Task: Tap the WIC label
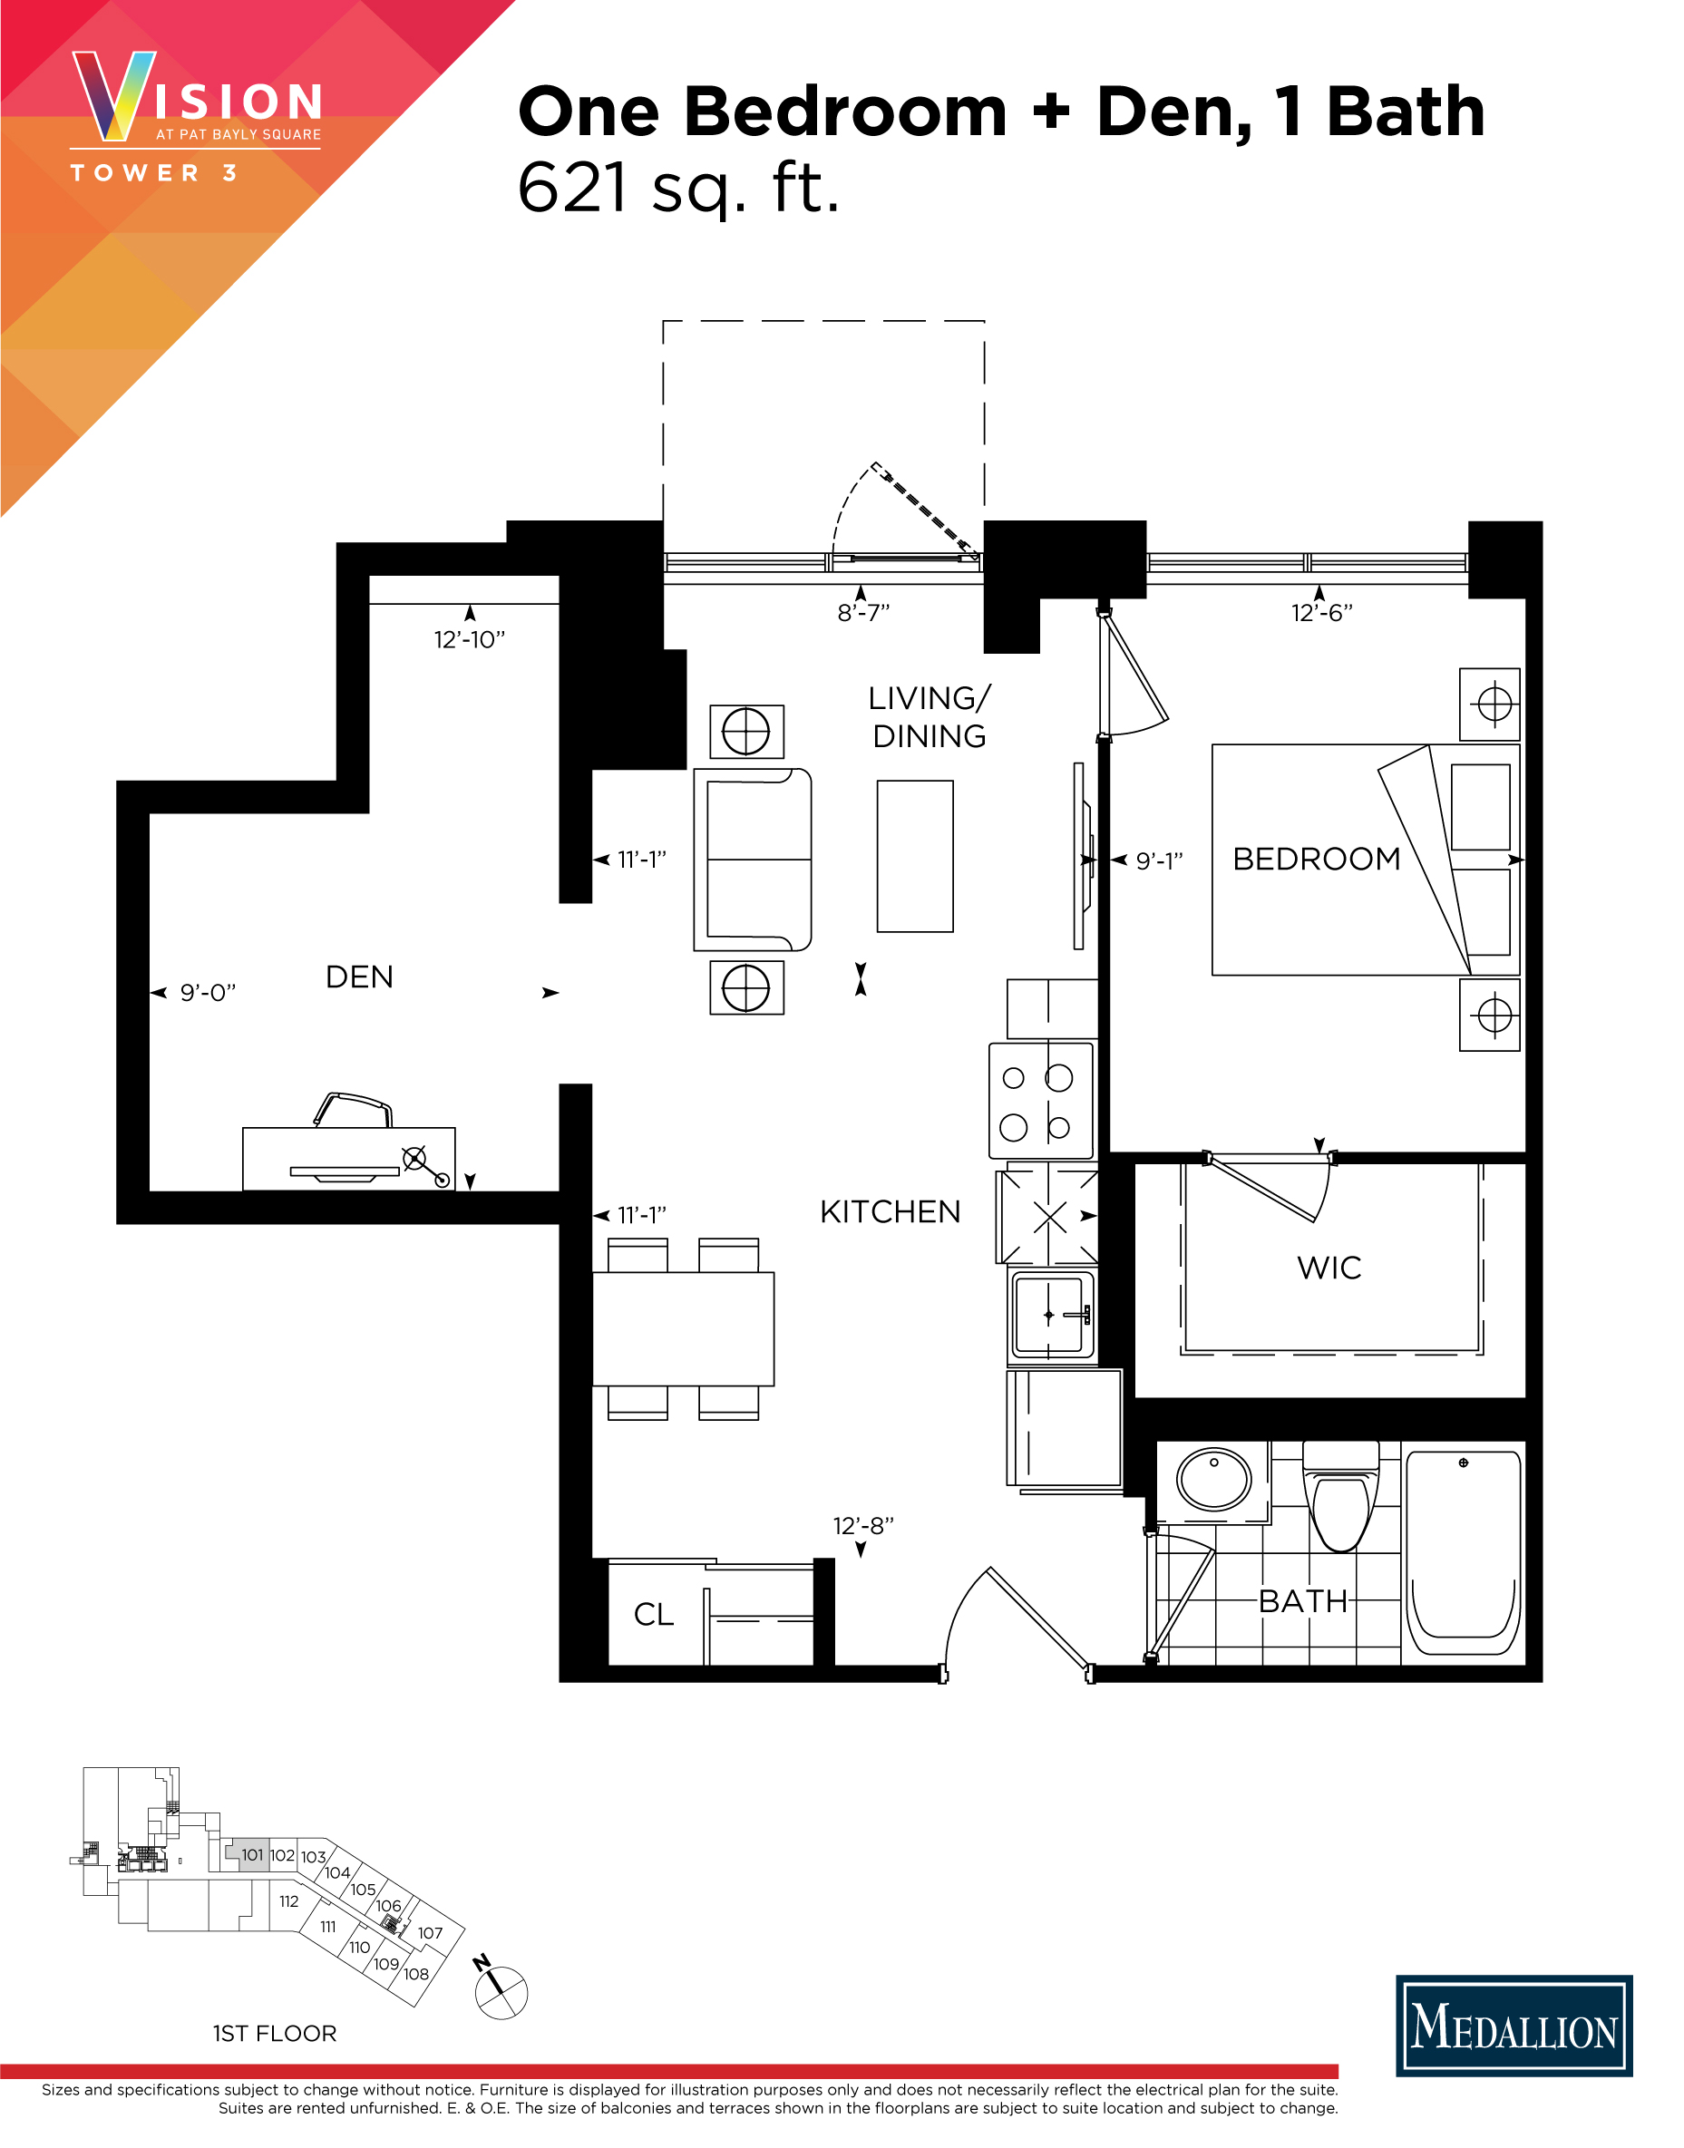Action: click(x=1329, y=1268)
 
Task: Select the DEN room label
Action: click(x=359, y=977)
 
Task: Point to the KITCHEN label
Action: click(x=890, y=1211)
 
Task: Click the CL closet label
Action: click(x=653, y=1615)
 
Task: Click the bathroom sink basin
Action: click(x=1213, y=1479)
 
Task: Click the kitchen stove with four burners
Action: click(x=1040, y=1100)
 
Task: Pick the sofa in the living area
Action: click(x=754, y=860)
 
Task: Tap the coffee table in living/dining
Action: click(x=915, y=856)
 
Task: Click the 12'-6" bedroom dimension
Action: click(x=1321, y=613)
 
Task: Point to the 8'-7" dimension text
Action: click(x=862, y=613)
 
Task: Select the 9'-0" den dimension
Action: click(x=207, y=993)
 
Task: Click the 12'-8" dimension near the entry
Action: click(x=862, y=1526)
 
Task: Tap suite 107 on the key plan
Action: click(x=430, y=1933)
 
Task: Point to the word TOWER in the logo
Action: click(x=135, y=173)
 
